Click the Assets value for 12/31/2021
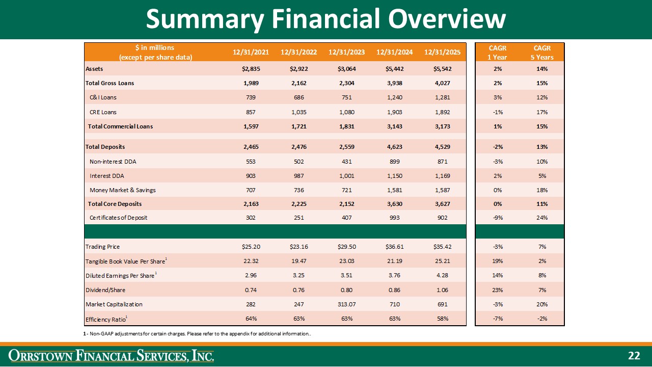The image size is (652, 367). pyautogui.click(x=251, y=69)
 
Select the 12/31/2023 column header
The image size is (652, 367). pyautogui.click(x=346, y=52)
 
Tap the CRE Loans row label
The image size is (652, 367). pyautogui.click(x=103, y=112)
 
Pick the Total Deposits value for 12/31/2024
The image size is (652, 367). pyautogui.click(x=394, y=147)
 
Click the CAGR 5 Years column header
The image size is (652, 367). pyautogui.click(x=542, y=53)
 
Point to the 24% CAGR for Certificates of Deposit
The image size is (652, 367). pyautogui.click(x=542, y=218)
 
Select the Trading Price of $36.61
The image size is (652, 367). pyautogui.click(x=394, y=247)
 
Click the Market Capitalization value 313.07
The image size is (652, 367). pyautogui.click(x=346, y=304)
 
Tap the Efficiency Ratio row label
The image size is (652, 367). pyautogui.click(x=106, y=319)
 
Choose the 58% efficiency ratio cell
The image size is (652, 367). pyautogui.click(x=443, y=319)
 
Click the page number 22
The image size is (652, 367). pyautogui.click(x=634, y=356)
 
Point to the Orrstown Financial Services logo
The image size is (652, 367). pyautogui.click(x=111, y=356)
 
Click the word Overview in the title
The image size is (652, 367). pyautogui.click(x=447, y=19)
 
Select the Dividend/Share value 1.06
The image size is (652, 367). pyautogui.click(x=443, y=290)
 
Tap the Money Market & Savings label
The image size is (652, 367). pyautogui.click(x=123, y=190)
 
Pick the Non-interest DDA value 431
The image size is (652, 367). pyautogui.click(x=346, y=162)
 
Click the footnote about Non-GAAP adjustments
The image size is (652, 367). pyautogui.click(x=197, y=334)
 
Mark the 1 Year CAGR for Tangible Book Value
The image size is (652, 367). pyautogui.click(x=498, y=261)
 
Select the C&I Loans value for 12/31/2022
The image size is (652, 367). pyautogui.click(x=298, y=97)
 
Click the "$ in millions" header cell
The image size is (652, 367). pyautogui.click(x=155, y=53)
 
